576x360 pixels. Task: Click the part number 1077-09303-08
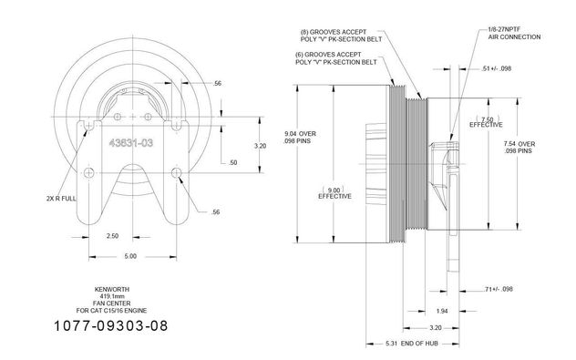click(x=111, y=326)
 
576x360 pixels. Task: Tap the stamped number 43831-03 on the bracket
click(x=130, y=143)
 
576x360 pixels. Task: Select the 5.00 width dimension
click(x=130, y=256)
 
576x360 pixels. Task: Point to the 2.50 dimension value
click(x=112, y=236)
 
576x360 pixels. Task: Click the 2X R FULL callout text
click(x=61, y=199)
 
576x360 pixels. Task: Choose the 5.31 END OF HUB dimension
click(x=412, y=344)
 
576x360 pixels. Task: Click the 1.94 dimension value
click(x=442, y=311)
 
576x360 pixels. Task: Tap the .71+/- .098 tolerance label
click(x=499, y=289)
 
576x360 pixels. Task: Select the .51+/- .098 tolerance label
click(x=496, y=68)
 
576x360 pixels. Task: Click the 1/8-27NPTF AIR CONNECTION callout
click(x=514, y=33)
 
